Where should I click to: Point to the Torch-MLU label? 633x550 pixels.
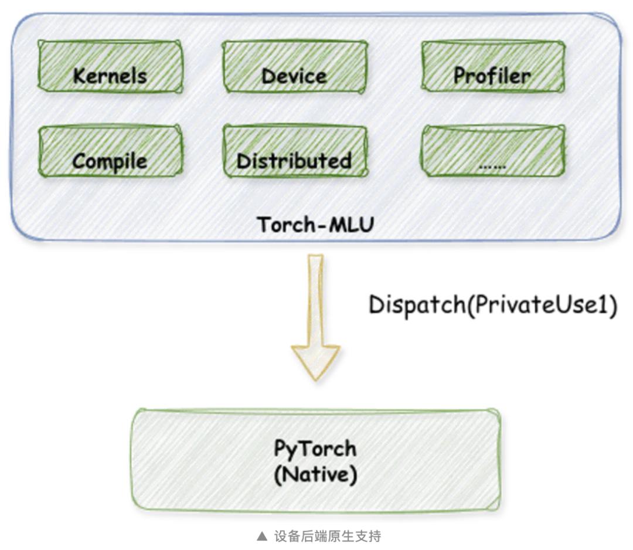[315, 225]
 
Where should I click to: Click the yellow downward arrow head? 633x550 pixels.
[315, 361]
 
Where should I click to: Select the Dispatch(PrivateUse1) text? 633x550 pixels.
[492, 305]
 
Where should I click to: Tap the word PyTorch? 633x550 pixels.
[315, 449]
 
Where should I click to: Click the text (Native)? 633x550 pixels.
[315, 474]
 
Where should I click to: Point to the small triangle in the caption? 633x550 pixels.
[262, 536]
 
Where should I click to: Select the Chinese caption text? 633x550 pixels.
[328, 536]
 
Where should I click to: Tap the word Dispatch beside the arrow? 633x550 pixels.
[416, 305]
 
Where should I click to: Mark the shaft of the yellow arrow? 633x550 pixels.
[315, 299]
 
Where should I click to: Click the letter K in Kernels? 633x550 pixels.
[78, 75]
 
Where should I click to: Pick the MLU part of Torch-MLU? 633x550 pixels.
[350, 225]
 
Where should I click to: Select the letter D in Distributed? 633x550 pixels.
[242, 160]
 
